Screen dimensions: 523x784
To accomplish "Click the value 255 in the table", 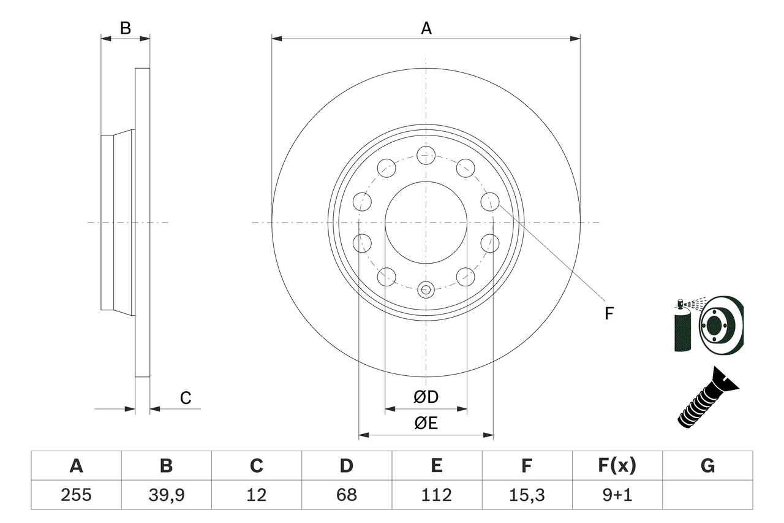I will (76, 495).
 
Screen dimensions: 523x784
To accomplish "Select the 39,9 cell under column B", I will (166, 495).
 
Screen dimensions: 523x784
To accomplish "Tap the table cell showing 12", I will (256, 495).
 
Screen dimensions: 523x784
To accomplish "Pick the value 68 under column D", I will (346, 495).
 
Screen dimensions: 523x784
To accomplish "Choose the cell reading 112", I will (436, 495).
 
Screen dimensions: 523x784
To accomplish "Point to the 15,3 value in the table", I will (526, 495).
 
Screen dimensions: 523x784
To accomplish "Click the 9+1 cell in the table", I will (616, 495).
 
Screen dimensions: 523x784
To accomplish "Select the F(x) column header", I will (616, 466).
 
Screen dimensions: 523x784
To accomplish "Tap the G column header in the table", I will (707, 466).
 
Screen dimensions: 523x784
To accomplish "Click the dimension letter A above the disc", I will (426, 28).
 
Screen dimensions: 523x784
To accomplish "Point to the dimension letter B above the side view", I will (125, 28).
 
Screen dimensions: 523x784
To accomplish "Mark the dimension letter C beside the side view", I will (186, 398).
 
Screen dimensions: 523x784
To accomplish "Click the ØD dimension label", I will (426, 397).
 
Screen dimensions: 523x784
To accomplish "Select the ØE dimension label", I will (426, 424).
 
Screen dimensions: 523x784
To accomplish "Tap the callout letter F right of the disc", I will (609, 314).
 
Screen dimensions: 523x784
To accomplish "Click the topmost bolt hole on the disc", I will (426, 155).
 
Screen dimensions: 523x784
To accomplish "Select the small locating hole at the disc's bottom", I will (426, 289).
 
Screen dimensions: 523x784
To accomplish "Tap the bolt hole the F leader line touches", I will (489, 201).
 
